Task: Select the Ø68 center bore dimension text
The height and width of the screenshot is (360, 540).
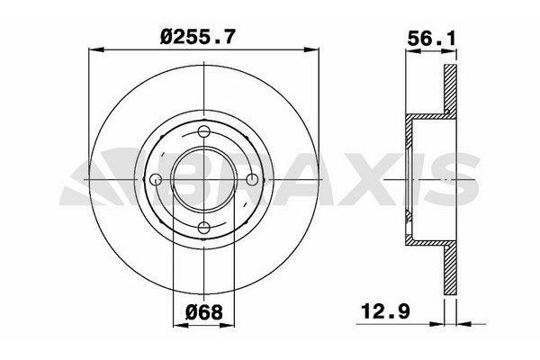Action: pyautogui.click(x=205, y=316)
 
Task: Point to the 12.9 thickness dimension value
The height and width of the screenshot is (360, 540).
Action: pyautogui.click(x=381, y=316)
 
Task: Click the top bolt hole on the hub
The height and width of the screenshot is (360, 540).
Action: pyautogui.click(x=204, y=133)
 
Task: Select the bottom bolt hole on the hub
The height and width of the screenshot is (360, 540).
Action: pyautogui.click(x=204, y=226)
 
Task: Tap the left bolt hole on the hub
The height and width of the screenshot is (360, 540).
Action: pyautogui.click(x=157, y=179)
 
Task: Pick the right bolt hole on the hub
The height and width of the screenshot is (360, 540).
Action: pyautogui.click(x=251, y=179)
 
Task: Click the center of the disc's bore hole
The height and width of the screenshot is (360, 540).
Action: pyautogui.click(x=204, y=179)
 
